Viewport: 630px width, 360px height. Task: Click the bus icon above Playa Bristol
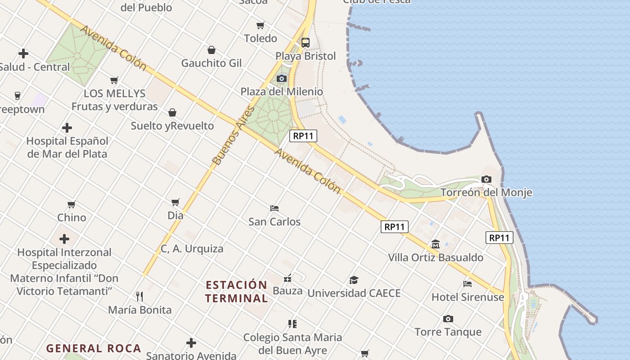pyautogui.click(x=306, y=43)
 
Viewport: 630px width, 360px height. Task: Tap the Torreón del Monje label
pyautogui.click(x=486, y=193)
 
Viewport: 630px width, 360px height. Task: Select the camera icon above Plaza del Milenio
pyautogui.click(x=282, y=79)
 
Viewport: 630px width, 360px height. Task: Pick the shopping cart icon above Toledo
pyautogui.click(x=261, y=25)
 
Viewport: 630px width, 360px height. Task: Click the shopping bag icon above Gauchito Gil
pyautogui.click(x=211, y=50)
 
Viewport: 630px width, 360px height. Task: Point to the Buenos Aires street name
pyautogui.click(x=233, y=135)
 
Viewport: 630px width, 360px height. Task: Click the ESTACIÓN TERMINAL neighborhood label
pyautogui.click(x=236, y=291)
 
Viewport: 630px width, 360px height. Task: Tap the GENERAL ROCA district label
pyautogui.click(x=94, y=348)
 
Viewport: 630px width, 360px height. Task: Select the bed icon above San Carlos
pyautogui.click(x=274, y=208)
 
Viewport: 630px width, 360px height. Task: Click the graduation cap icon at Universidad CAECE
pyautogui.click(x=354, y=280)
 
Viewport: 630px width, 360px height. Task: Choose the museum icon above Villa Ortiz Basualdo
pyautogui.click(x=435, y=244)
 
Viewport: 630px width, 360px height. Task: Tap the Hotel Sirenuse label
pyautogui.click(x=468, y=297)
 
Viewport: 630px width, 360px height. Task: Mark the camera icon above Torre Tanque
pyautogui.click(x=448, y=319)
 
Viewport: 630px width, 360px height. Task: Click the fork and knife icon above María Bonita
pyautogui.click(x=139, y=296)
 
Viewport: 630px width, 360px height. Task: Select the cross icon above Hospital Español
pyautogui.click(x=67, y=128)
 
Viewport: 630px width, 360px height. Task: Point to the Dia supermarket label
pyautogui.click(x=175, y=216)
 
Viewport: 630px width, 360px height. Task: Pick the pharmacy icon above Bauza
pyautogui.click(x=288, y=278)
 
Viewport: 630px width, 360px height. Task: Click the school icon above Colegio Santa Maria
pyautogui.click(x=292, y=324)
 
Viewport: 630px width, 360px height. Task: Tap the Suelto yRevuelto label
pyautogui.click(x=172, y=126)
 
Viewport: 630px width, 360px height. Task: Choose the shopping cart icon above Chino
pyautogui.click(x=72, y=205)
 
